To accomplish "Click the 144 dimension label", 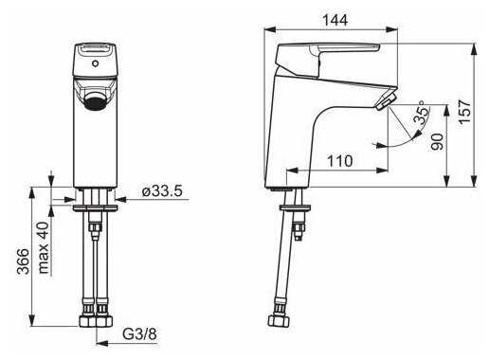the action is (335, 20).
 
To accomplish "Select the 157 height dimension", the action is (464, 112).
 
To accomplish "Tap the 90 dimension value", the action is (438, 141).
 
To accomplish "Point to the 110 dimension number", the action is (340, 161).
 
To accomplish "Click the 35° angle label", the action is (423, 113).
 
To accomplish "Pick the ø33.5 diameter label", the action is (162, 191).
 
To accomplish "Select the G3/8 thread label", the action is (139, 334).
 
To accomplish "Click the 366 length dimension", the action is (24, 261).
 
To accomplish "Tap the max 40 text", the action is (44, 247).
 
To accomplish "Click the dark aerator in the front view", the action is (95, 101).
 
